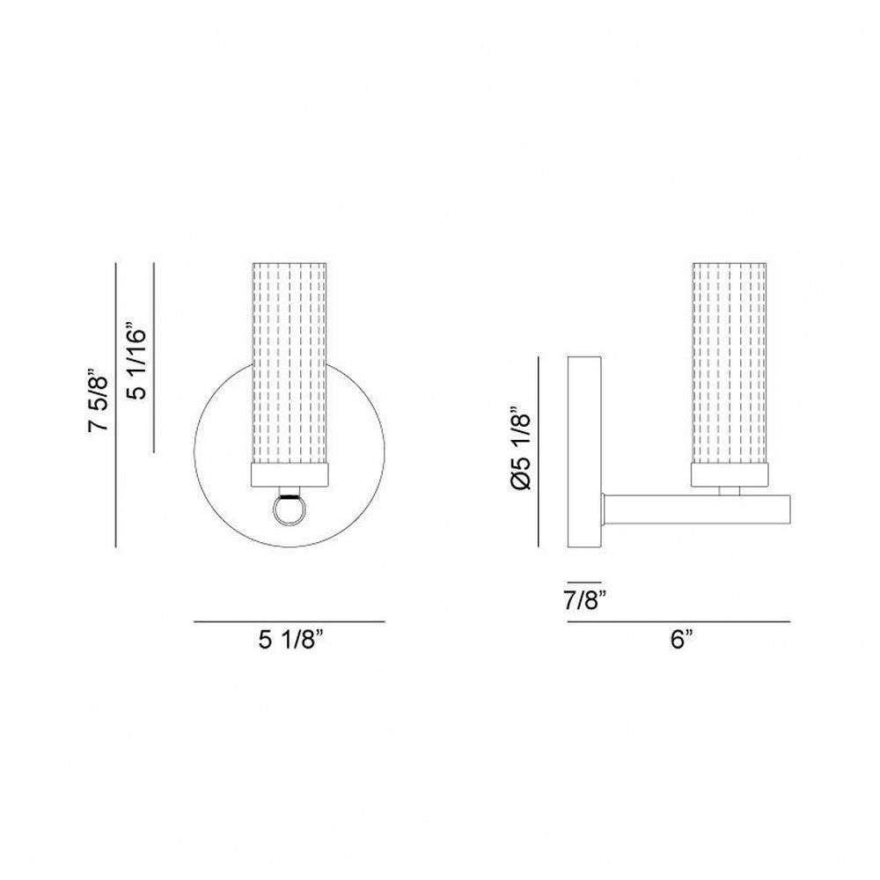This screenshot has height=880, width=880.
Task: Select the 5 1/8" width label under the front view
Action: (291, 639)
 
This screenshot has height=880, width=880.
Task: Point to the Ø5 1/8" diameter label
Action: (521, 451)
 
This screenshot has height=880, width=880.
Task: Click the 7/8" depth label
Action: (586, 601)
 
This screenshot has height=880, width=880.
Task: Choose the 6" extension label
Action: (681, 639)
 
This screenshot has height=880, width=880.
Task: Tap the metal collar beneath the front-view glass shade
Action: (289, 474)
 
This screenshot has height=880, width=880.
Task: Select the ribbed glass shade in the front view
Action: (289, 363)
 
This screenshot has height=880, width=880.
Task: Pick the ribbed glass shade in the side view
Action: (730, 363)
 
